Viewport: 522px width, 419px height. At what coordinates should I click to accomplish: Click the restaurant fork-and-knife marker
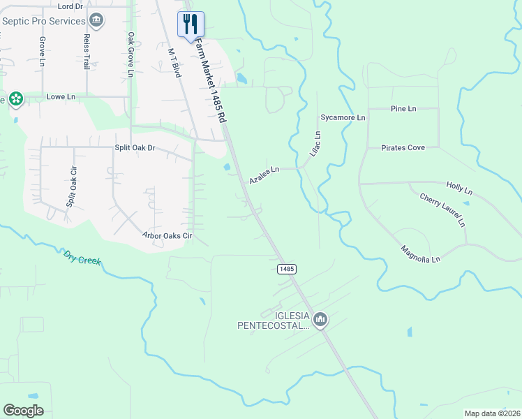pos(191,24)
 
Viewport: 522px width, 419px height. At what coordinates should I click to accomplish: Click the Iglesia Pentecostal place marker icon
pos(320,320)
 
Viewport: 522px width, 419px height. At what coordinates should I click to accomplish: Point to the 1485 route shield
pos(286,269)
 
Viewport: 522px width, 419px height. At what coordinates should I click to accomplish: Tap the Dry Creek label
pos(82,258)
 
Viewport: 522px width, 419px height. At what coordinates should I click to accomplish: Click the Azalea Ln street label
pos(264,175)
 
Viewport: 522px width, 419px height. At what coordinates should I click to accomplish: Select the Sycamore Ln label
pos(343,117)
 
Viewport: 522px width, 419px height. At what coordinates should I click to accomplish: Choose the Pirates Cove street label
pos(403,148)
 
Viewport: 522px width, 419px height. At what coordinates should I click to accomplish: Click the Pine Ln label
pos(403,109)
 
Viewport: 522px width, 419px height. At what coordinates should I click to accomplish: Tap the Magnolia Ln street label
pos(421,254)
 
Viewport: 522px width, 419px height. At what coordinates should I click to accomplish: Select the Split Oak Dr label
pos(135,148)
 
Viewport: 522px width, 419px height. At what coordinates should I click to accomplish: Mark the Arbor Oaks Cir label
pos(167,236)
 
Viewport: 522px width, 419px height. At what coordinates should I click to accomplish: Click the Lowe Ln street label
pos(61,96)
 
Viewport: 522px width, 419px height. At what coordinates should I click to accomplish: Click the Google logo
pos(24,411)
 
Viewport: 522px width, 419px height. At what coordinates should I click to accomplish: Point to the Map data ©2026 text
pos(492,413)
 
